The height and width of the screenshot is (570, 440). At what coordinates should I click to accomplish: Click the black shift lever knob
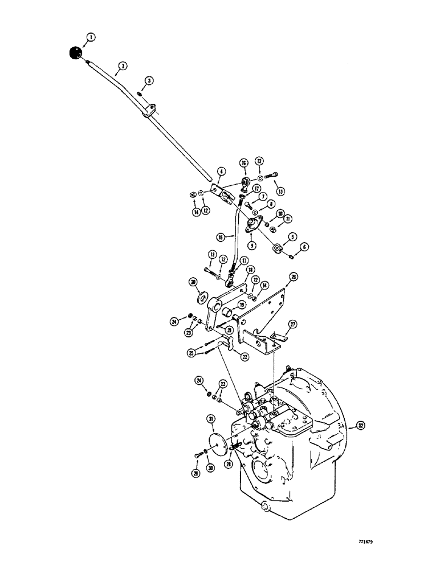[75, 54]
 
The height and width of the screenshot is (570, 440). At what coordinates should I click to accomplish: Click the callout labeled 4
[221, 171]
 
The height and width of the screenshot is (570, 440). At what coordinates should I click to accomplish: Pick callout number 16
[243, 163]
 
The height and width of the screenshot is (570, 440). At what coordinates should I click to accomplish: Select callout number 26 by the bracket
[294, 277]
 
